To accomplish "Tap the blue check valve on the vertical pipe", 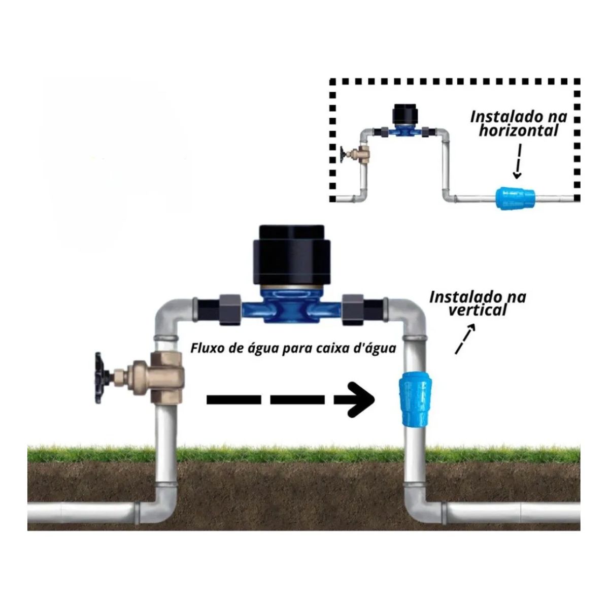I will click(x=415, y=399).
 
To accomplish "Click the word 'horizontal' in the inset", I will click(x=519, y=131).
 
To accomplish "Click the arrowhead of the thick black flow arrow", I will click(x=361, y=399).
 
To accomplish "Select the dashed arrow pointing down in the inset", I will click(x=518, y=161).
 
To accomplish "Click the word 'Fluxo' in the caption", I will click(x=207, y=349).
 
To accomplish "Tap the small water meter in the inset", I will click(x=405, y=122).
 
